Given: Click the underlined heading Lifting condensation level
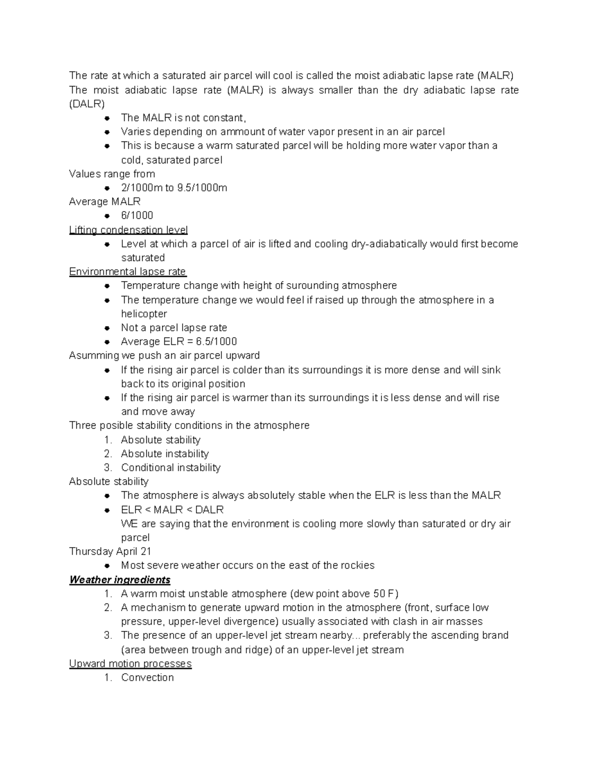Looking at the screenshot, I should [x=128, y=230].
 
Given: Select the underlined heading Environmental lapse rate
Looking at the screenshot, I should [x=128, y=271].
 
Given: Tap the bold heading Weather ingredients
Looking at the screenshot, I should [x=120, y=579].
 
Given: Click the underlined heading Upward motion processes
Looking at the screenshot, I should [x=130, y=663].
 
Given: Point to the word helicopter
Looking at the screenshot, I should [x=144, y=314].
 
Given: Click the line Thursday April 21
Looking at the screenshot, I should [x=110, y=551].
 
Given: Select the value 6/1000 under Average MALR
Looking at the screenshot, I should [x=137, y=215].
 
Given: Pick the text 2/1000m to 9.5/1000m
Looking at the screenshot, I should [x=174, y=187].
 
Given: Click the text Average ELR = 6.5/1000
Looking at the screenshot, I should [x=179, y=342].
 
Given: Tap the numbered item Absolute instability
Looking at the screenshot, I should [x=164, y=453].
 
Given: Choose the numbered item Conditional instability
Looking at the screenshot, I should [x=170, y=467].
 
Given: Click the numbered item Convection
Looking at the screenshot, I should [x=147, y=677].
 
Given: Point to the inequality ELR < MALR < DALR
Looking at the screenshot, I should [x=172, y=509].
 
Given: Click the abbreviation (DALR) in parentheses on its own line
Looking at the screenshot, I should [x=87, y=104].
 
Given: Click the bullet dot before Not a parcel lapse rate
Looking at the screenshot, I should [x=107, y=328].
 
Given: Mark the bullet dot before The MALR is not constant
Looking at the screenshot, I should [x=107, y=118].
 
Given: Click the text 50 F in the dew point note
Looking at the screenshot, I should [x=383, y=593].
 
